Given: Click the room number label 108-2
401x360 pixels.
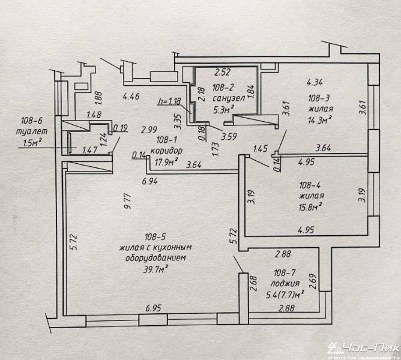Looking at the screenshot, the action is pyautogui.click(x=223, y=88).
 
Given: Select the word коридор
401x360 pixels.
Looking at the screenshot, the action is pyautogui.click(x=166, y=151).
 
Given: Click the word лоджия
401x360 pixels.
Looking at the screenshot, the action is pyautogui.click(x=285, y=284).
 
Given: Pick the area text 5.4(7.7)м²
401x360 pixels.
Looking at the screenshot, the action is pyautogui.click(x=285, y=295).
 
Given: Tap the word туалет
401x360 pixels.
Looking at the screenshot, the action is pyautogui.click(x=32, y=131).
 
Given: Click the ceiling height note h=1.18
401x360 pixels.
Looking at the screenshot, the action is pyautogui.click(x=169, y=101).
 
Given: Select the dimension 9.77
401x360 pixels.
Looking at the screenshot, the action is pyautogui.click(x=127, y=201).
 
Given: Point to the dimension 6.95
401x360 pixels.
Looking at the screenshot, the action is pyautogui.click(x=154, y=308).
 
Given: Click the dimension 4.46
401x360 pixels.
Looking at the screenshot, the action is pyautogui.click(x=131, y=97).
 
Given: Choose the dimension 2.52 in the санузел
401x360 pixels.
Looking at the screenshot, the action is pyautogui.click(x=223, y=72).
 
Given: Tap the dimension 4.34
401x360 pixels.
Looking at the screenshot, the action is pyautogui.click(x=315, y=82).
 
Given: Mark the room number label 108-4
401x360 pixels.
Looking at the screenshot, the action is pyautogui.click(x=310, y=185).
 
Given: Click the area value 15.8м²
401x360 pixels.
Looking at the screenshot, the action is pyautogui.click(x=310, y=206).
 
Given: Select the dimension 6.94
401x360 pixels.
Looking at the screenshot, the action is pyautogui.click(x=150, y=181).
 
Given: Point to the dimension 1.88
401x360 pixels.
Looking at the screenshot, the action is pyautogui.click(x=98, y=98).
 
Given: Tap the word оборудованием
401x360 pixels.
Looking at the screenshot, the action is pyautogui.click(x=155, y=258).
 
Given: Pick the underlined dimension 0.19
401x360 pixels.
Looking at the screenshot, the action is pyautogui.click(x=121, y=128).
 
